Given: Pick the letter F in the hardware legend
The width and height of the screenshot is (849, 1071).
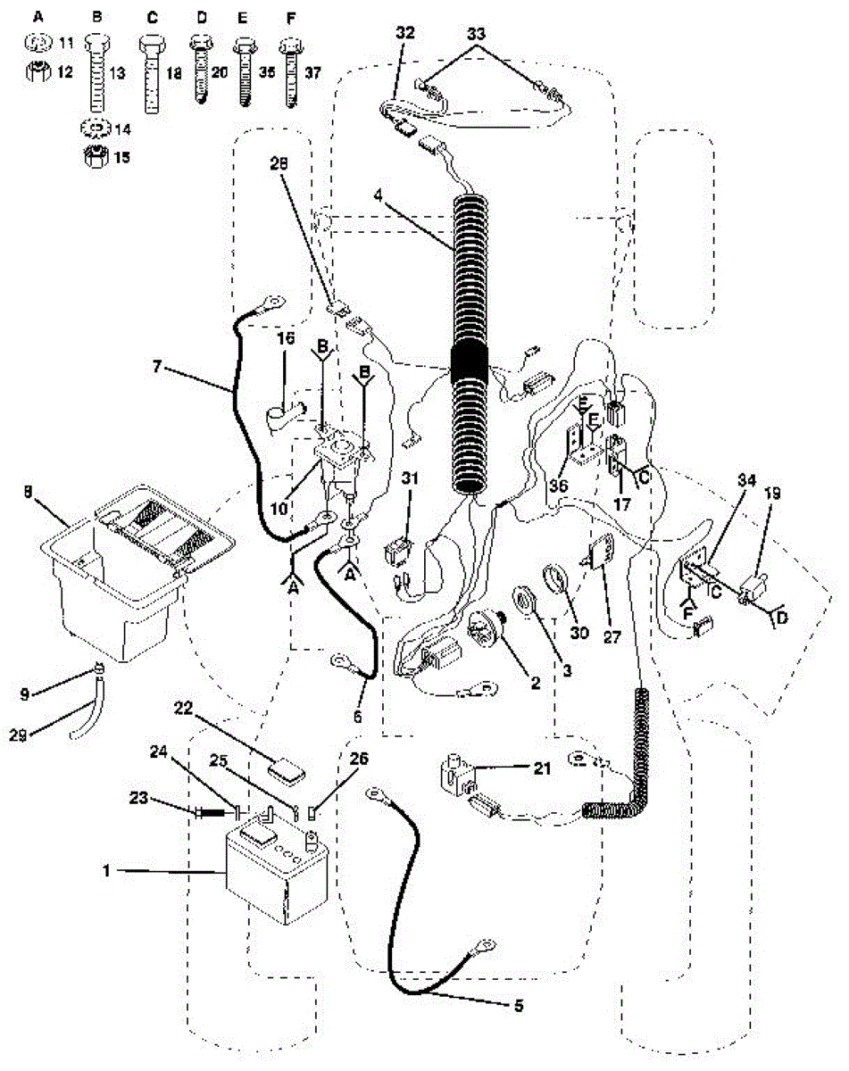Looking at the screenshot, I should pos(287,17).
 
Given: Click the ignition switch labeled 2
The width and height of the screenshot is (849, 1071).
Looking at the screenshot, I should pos(487,630).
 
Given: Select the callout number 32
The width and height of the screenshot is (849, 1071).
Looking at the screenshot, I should pos(404,33).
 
